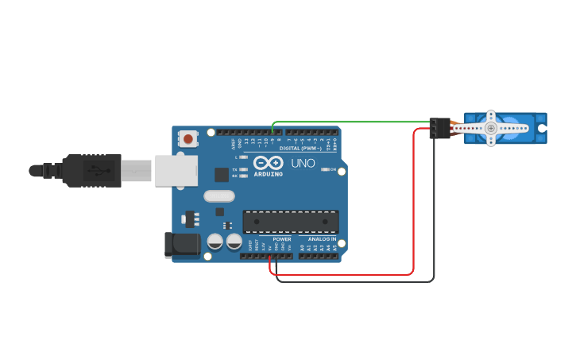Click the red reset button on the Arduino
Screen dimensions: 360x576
click(x=187, y=139)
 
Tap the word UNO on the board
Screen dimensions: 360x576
click(x=303, y=163)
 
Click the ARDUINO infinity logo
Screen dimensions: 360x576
click(x=268, y=163)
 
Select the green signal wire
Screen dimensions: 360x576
click(x=350, y=122)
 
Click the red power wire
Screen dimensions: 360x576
click(x=414, y=207)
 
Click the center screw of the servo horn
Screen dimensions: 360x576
click(x=491, y=128)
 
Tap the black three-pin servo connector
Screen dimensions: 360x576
click(x=439, y=128)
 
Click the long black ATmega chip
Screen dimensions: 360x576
click(x=291, y=222)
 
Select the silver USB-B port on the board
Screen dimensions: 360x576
click(x=176, y=170)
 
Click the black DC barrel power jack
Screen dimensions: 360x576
click(x=182, y=245)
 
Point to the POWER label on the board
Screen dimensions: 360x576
click(x=282, y=238)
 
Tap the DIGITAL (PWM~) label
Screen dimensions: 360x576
click(x=300, y=149)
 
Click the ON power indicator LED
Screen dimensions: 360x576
click(x=325, y=169)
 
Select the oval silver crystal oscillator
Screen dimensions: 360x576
click(x=219, y=196)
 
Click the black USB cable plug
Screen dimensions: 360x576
click(x=92, y=170)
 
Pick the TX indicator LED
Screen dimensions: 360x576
click(x=243, y=169)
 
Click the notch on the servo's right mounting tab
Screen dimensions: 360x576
click(x=542, y=128)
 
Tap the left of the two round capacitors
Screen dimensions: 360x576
click(x=215, y=241)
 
